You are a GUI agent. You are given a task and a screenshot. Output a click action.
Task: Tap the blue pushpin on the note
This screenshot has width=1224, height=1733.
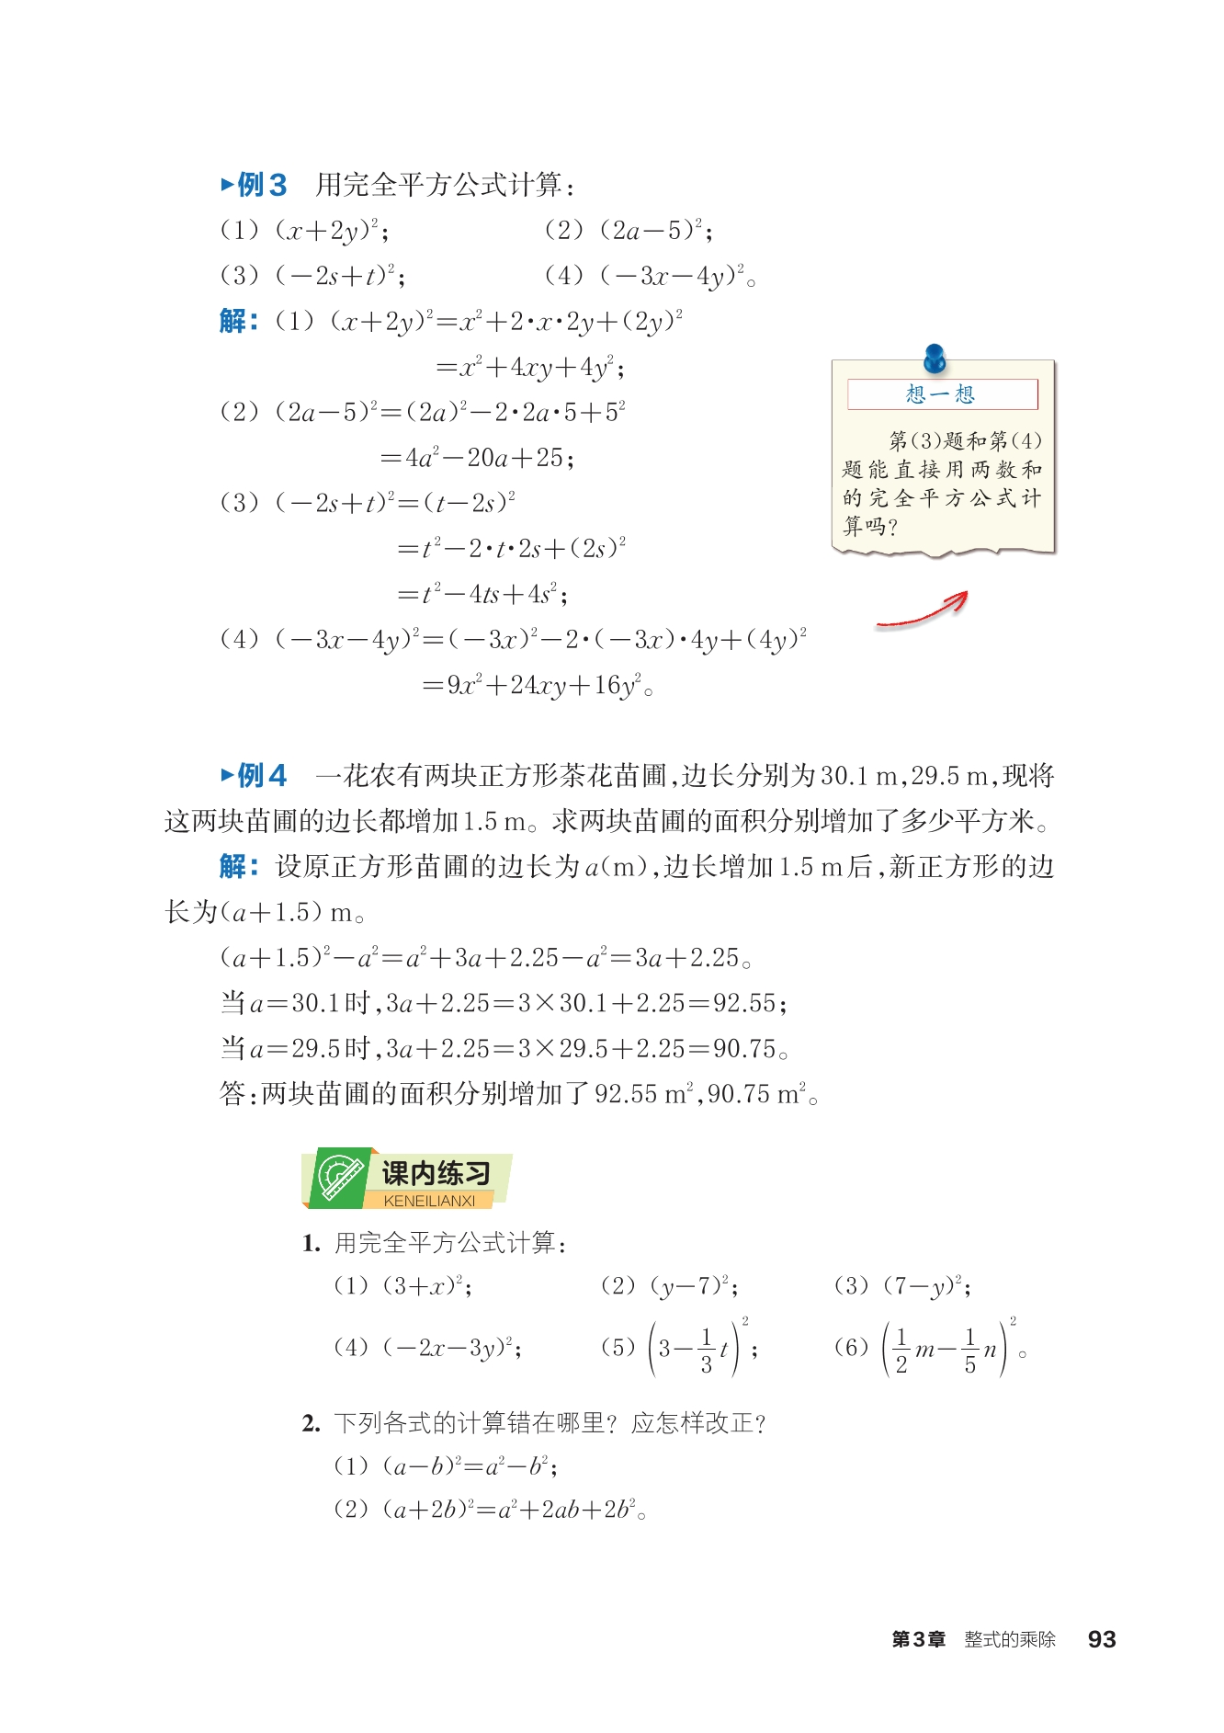pyautogui.click(x=935, y=357)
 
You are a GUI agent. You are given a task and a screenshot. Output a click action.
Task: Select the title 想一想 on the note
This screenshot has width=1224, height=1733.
pyautogui.click(x=940, y=394)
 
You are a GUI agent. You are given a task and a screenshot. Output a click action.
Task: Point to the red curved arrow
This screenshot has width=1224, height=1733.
pyautogui.click(x=923, y=610)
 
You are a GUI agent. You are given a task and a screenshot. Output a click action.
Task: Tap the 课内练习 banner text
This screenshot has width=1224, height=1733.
pyautogui.click(x=436, y=1172)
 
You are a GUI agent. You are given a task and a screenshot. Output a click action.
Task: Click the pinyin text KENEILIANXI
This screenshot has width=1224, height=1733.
pyautogui.click(x=429, y=1201)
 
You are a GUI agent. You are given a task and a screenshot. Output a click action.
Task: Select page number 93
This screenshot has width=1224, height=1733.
pyautogui.click(x=1101, y=1639)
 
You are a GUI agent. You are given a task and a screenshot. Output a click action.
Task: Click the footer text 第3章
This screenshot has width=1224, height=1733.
pyautogui.click(x=918, y=1639)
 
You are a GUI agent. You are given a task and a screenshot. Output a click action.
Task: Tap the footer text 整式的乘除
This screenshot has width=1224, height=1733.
pyautogui.click(x=1010, y=1639)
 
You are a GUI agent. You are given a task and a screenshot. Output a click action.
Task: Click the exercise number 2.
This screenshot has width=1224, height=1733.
pyautogui.click(x=311, y=1423)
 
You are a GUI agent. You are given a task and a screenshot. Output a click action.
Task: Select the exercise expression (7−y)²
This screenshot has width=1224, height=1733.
pyautogui.click(x=926, y=1285)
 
